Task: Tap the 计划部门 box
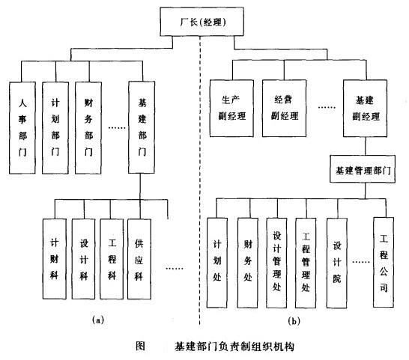pos(55,126)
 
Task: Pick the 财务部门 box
pos(88,126)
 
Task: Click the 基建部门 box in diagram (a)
pos(142,126)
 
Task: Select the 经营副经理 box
pos(282,109)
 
